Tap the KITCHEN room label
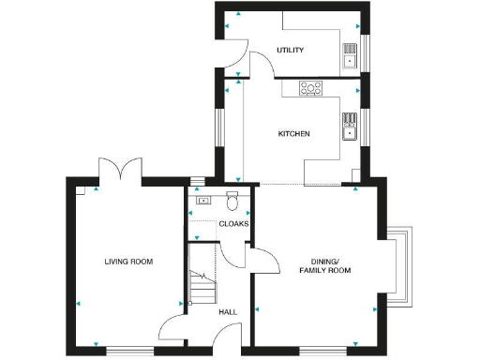tap(293, 134)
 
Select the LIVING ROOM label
tap(128, 262)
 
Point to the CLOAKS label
tap(232, 224)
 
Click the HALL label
tap(228, 312)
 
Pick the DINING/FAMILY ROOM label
tap(324, 265)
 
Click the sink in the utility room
tap(352, 57)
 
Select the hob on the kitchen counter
tap(309, 88)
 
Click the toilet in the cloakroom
tap(232, 202)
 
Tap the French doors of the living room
tap(120, 172)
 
